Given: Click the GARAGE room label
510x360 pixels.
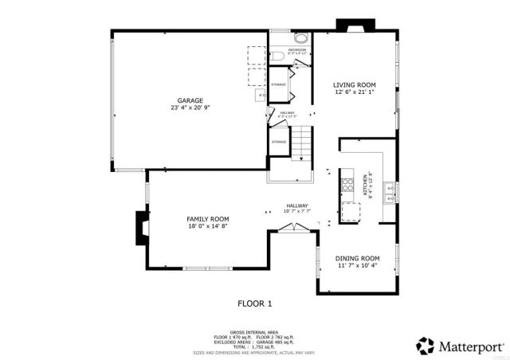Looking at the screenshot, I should [190, 100].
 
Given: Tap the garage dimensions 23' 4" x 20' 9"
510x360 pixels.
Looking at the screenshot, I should [190, 108].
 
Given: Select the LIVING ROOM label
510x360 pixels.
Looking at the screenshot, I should [355, 84].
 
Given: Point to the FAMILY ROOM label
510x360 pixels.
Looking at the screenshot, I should [207, 219].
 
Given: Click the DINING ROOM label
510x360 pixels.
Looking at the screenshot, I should [356, 258].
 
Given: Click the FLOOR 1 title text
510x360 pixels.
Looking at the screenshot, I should [255, 303].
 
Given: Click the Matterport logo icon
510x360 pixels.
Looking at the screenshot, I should [426, 346].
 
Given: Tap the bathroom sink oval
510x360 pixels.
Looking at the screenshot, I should [301, 38].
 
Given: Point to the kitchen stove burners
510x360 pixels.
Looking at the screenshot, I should [347, 186].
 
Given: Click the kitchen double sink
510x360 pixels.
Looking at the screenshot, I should [388, 190].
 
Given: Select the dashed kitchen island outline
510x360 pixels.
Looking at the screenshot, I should [351, 211].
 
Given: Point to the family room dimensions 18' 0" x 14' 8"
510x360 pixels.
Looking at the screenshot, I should [207, 227].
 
